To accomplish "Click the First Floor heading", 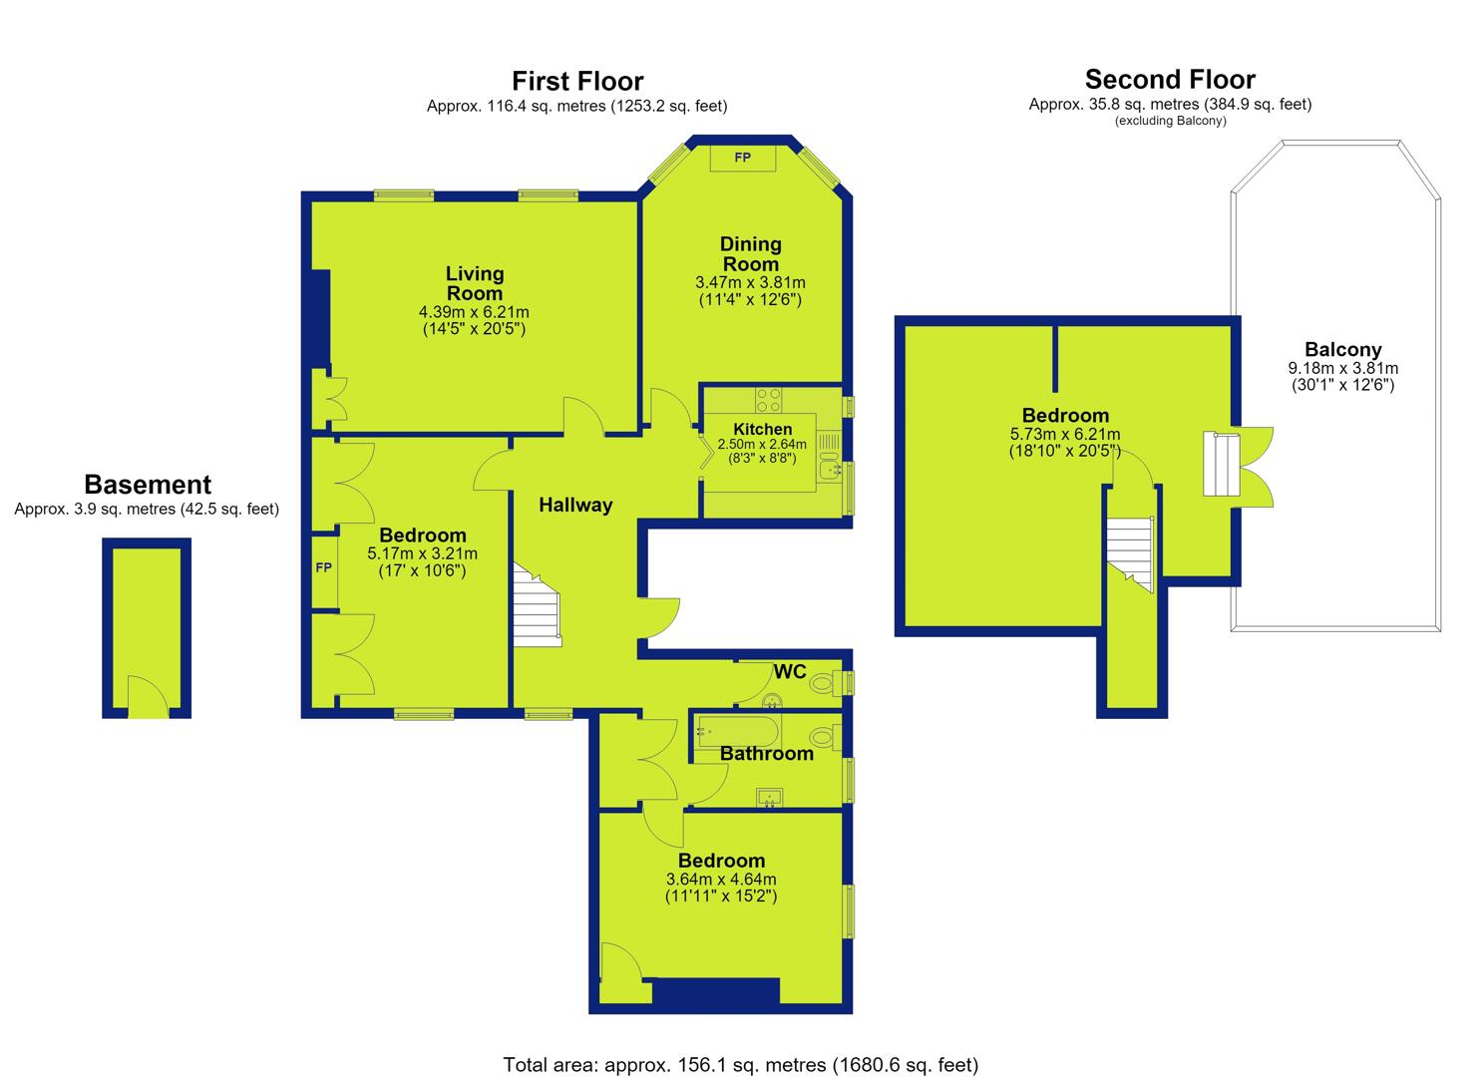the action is (x=577, y=82).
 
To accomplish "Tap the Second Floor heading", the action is (x=1170, y=80).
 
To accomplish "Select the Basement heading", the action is (x=148, y=485).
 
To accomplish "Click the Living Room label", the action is (x=474, y=283).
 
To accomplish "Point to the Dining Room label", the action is (x=750, y=254).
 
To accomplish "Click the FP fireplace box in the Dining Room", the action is (x=742, y=158).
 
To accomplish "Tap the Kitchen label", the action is (x=762, y=429).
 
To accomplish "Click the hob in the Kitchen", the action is (x=769, y=400).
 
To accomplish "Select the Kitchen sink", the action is (x=830, y=469).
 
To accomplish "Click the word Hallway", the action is (x=575, y=506).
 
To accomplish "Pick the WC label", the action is (x=790, y=672).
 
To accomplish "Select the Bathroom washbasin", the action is (x=769, y=798).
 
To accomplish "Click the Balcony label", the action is (x=1342, y=350).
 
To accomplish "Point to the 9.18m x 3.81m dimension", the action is (x=1342, y=368).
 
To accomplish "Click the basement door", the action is (x=148, y=698).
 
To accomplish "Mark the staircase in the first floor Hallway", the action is (x=537, y=605).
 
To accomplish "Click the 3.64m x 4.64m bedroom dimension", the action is (x=721, y=880).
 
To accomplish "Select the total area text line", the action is (x=740, y=1046).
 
